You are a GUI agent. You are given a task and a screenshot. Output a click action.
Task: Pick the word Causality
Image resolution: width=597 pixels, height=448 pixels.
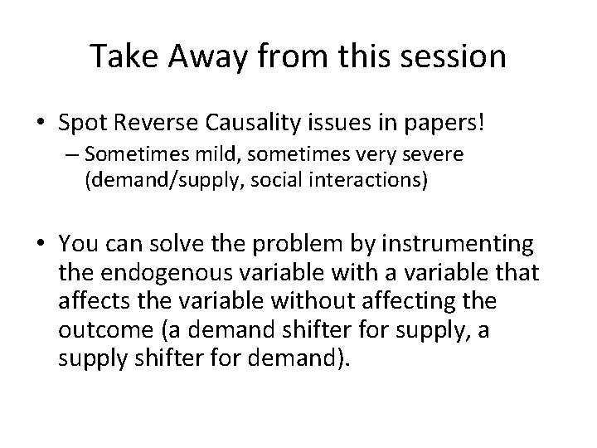coord(248,124)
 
